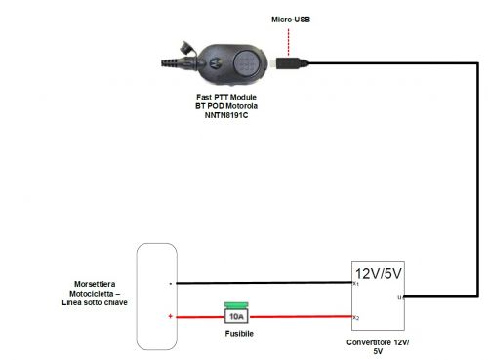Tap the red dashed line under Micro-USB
(289, 41)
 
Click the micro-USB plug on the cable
(288, 63)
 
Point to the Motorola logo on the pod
(212, 60)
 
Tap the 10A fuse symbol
(234, 316)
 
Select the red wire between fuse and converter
(303, 317)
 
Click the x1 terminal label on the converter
(356, 284)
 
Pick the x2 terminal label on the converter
(356, 318)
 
